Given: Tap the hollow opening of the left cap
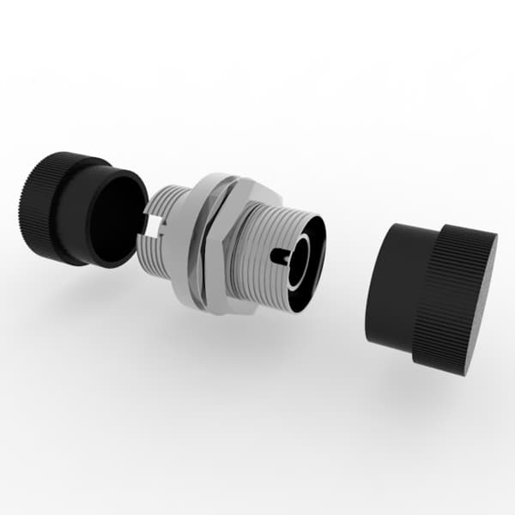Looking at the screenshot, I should tap(116, 219).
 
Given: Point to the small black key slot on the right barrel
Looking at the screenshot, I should tap(279, 254).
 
